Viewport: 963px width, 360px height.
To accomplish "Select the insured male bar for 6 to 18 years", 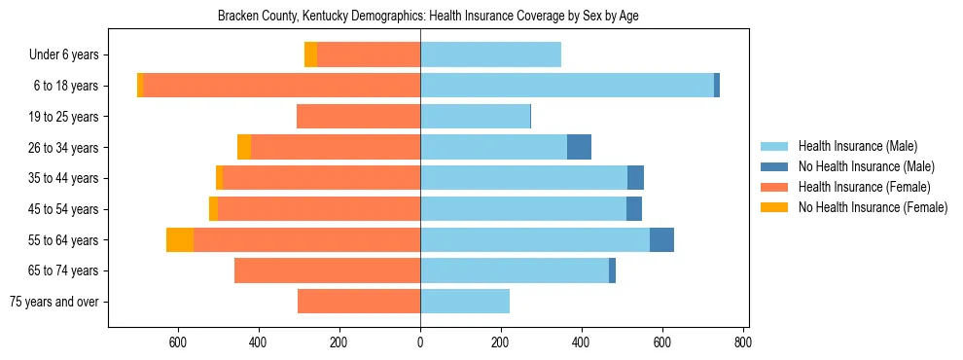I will pos(566,86).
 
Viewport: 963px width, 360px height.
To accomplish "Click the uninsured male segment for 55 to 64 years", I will pos(661,239).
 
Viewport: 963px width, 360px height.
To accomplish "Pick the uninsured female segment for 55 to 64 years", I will pos(180,239).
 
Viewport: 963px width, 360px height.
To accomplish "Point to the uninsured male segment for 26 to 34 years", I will pos(579,147).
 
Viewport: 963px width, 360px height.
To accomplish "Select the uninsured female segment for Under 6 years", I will pos(310,54).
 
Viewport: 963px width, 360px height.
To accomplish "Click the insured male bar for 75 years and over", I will pos(465,302).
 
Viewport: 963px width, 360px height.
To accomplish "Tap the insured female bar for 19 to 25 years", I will pos(358,117).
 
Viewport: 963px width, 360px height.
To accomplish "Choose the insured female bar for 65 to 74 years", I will pos(327,270).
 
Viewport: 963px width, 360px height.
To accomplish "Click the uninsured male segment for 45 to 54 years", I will pos(634,209).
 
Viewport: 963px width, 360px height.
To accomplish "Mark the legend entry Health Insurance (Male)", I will pos(857,146).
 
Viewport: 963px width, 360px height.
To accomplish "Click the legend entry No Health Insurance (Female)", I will pos(873,207).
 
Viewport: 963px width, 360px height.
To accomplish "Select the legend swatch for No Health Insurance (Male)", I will pos(774,166).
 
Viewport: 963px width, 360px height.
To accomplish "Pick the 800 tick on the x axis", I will pos(743,342).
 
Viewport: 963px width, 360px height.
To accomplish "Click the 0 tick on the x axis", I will pos(420,342).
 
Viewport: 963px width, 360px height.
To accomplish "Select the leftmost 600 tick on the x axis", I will pos(178,342).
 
